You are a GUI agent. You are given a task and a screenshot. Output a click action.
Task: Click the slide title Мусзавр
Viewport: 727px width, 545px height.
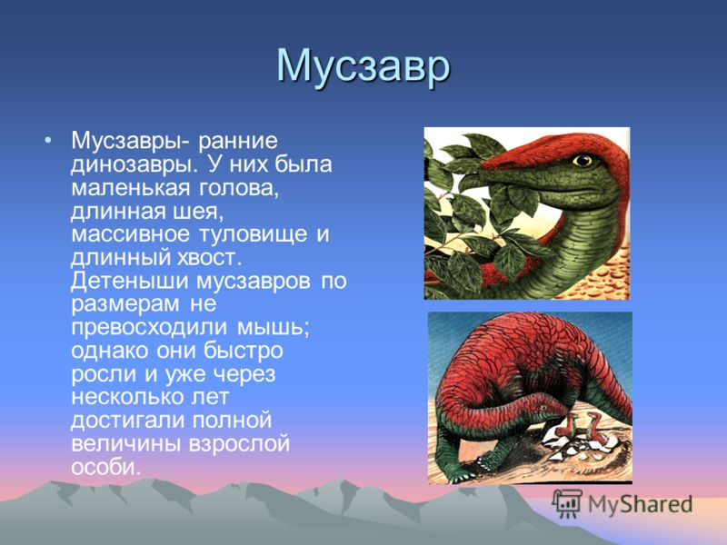click(363, 66)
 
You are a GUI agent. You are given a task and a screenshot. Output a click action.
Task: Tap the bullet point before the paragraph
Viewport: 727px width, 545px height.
click(48, 140)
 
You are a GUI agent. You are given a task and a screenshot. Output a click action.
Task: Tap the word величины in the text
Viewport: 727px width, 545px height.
click(125, 444)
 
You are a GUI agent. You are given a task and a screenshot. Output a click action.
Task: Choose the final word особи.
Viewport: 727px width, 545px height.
click(105, 466)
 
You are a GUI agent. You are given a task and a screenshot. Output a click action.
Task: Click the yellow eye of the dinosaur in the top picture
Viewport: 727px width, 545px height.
click(583, 161)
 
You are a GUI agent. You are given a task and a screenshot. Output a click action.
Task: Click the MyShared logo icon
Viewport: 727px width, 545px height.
click(568, 503)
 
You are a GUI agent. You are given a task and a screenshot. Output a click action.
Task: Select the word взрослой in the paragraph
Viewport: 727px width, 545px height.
click(239, 444)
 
